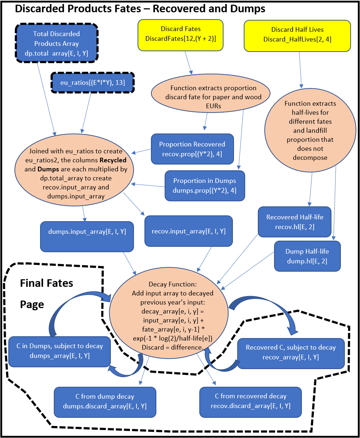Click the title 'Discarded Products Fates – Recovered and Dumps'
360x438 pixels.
coord(140,9)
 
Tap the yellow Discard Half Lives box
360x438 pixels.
coord(297,35)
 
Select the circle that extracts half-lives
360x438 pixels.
coord(310,130)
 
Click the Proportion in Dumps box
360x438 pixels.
coord(204,185)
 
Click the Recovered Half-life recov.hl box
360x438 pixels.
coord(295,222)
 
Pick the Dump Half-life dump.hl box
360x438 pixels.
coord(307,256)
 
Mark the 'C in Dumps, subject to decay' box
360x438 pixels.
coord(59,351)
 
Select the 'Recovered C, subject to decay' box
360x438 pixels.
coord(291,352)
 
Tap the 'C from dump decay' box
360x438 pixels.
coord(105,401)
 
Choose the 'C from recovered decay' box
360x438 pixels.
coord(251,401)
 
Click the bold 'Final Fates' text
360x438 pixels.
coord(47,283)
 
